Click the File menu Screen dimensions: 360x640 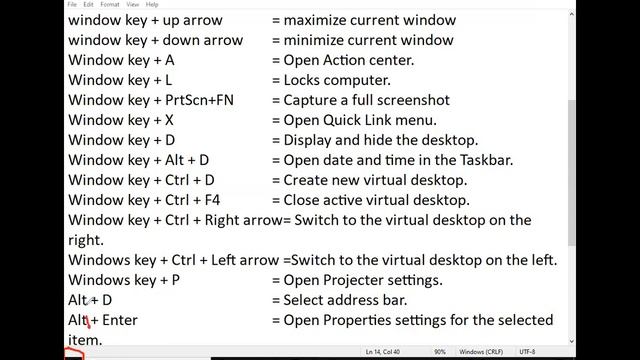pos(72,4)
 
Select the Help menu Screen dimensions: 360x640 pos(152,4)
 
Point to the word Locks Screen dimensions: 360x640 pos(305,80)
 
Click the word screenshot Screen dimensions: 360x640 pos(411,100)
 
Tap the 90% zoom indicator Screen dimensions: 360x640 pos(440,352)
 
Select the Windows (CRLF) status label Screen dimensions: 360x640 pos(479,352)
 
